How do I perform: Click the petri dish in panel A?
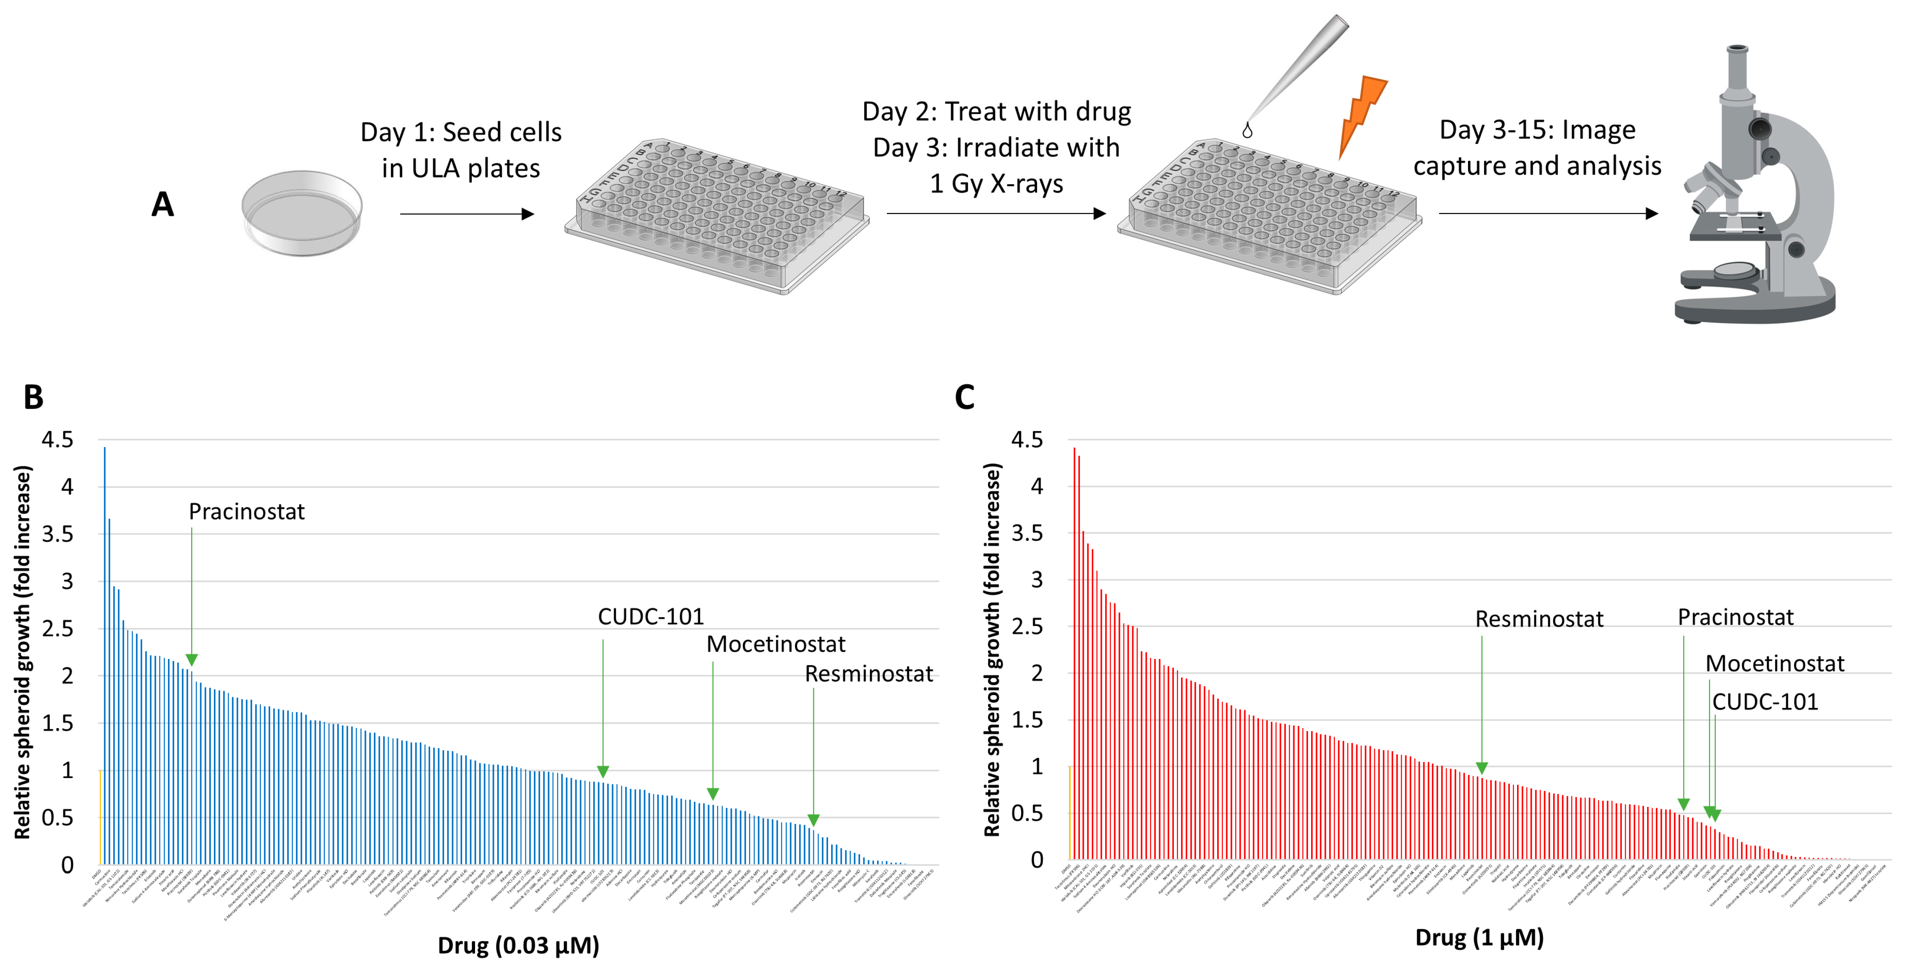(302, 213)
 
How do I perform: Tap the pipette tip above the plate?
(1298, 70)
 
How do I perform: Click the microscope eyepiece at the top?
(1737, 67)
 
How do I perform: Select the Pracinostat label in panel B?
(246, 512)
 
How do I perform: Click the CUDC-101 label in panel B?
(651, 617)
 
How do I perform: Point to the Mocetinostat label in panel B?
(775, 644)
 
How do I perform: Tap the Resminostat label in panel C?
(1538, 619)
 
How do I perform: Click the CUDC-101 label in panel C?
(1765, 702)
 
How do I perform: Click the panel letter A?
(163, 205)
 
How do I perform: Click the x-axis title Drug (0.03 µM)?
(518, 945)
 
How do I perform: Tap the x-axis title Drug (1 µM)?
(1479, 938)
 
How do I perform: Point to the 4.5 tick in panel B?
(57, 440)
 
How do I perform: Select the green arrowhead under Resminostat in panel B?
(813, 820)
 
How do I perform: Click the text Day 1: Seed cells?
(461, 132)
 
